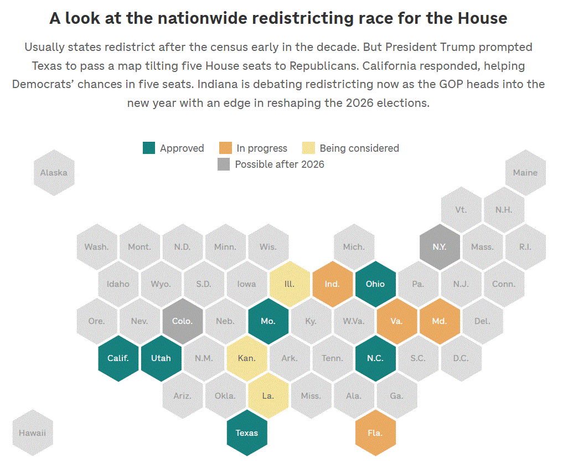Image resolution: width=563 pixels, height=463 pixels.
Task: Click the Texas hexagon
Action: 247,433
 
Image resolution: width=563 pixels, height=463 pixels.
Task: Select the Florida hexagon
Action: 375,433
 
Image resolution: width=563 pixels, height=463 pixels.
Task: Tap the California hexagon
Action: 118,358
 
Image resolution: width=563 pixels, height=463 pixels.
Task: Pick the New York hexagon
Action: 440,246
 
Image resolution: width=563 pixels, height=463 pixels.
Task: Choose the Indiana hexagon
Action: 332,284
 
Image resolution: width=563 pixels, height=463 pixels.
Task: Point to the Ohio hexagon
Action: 375,284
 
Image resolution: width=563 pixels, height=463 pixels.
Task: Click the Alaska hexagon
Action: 54,172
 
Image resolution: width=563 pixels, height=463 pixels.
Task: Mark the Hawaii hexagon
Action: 32,433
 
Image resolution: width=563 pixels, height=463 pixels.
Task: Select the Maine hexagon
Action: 525,172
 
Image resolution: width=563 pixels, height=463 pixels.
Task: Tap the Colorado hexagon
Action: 183,321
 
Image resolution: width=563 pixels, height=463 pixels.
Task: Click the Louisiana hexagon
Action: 268,395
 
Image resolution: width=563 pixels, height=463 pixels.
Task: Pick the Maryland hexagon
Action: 440,321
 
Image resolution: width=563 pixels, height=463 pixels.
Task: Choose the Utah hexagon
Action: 161,358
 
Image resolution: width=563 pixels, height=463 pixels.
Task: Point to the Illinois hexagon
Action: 290,284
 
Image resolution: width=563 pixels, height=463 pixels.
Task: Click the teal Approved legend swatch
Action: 149,148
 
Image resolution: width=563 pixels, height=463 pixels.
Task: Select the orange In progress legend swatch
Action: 225,148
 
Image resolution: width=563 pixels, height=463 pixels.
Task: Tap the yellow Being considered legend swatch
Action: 308,148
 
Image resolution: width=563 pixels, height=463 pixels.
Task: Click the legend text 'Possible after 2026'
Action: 280,164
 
